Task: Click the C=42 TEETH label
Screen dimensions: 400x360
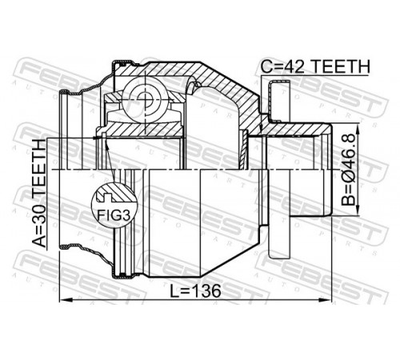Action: pyautogui.click(x=315, y=66)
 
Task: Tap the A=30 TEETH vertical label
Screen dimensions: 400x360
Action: pyautogui.click(x=39, y=193)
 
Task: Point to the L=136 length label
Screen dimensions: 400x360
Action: pyautogui.click(x=195, y=290)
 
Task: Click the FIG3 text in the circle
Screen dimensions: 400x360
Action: pyautogui.click(x=114, y=214)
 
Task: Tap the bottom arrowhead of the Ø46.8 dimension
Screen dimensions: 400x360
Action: pyautogui.click(x=358, y=210)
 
